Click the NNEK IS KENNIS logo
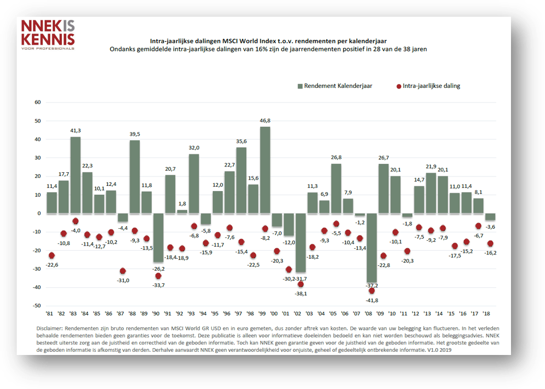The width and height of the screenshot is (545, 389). coord(47,34)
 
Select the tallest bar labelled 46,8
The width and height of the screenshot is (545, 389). coord(265,170)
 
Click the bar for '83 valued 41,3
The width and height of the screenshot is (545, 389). coord(76,175)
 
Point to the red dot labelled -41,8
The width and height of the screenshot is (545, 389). coord(372,291)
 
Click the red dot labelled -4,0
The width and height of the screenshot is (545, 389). coord(76,221)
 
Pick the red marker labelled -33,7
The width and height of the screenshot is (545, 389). coord(158,276)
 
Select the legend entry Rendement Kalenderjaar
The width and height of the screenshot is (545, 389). coord(334,86)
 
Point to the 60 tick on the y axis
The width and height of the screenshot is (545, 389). coord(37,102)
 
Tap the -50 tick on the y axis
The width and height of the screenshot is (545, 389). coord(36,306)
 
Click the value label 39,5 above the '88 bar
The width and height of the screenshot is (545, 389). coord(135,134)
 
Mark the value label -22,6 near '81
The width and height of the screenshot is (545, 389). coord(51,264)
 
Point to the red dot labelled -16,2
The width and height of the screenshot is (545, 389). coord(490,243)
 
